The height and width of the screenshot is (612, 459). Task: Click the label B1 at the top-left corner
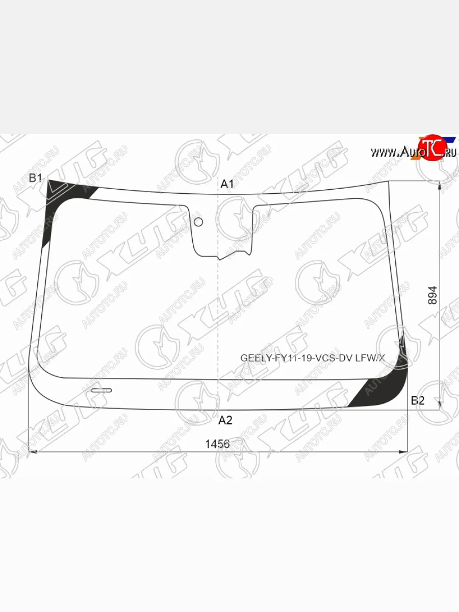point(35,177)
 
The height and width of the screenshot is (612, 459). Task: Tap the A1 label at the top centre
point(227,184)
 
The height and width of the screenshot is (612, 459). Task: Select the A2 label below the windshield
point(225,420)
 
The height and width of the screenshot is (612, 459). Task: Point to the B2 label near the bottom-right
point(418,401)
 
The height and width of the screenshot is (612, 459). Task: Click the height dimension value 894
point(432,295)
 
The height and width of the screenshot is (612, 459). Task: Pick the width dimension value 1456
point(217,444)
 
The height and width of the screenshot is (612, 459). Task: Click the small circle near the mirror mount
point(198,222)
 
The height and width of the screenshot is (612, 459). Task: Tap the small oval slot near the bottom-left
point(101,390)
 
